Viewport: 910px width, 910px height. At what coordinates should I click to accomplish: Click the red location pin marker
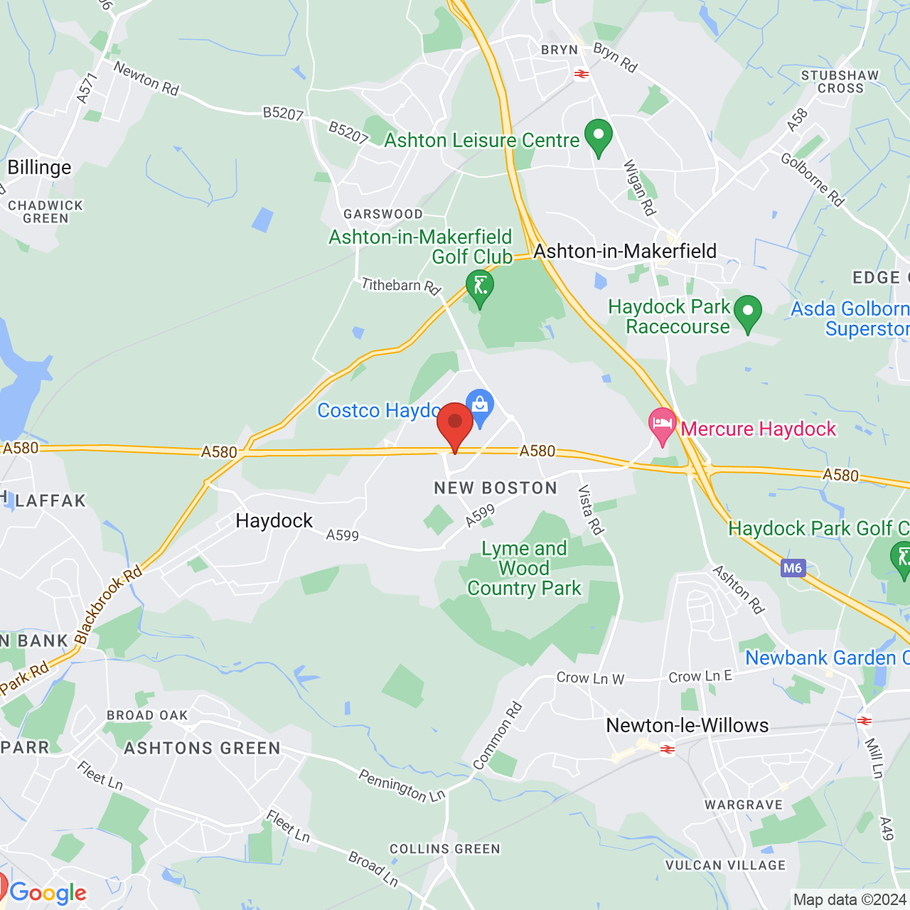(455, 424)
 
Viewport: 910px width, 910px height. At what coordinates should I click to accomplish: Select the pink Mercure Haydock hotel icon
(663, 424)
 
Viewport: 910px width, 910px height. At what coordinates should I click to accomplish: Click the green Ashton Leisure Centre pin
(598, 136)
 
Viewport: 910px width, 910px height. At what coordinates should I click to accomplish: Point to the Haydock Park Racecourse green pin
(747, 313)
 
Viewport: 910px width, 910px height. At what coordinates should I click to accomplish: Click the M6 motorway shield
(792, 568)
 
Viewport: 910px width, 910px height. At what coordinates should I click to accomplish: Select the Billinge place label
(40, 168)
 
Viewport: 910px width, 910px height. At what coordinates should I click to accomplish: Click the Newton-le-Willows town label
(687, 726)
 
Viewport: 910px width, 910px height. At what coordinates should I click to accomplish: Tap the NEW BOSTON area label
(496, 488)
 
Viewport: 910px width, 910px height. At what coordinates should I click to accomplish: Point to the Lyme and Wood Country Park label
(525, 569)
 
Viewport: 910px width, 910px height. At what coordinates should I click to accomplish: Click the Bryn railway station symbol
(582, 73)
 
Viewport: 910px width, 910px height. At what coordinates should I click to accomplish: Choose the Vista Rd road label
(591, 510)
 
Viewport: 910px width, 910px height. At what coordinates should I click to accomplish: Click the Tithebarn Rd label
(400, 286)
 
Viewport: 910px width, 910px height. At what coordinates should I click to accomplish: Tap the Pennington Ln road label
(402, 786)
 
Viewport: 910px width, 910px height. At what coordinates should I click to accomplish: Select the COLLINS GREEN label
(445, 850)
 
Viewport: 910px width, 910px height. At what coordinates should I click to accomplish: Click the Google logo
(48, 893)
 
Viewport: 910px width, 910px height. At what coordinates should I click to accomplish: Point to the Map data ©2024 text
(850, 900)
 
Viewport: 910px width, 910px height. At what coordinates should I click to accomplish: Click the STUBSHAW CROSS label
(840, 82)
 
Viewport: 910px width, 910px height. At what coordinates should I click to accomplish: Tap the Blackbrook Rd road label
(108, 604)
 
